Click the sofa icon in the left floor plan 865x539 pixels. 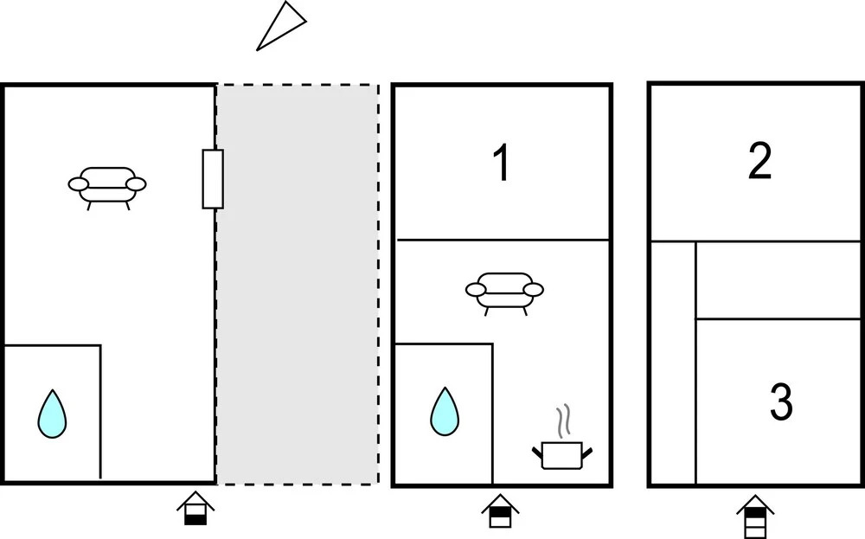(x=107, y=185)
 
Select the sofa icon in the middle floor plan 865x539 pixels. (x=504, y=291)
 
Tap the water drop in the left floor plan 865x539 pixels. (x=53, y=414)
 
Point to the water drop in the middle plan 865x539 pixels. (x=445, y=411)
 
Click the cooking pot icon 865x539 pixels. (x=561, y=454)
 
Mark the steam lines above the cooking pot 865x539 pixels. (x=565, y=421)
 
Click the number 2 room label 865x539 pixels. (x=759, y=162)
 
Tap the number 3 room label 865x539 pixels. (x=780, y=402)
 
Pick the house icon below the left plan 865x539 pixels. (x=195, y=510)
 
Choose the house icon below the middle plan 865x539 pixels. (x=499, y=510)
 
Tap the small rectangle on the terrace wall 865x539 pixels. (x=213, y=178)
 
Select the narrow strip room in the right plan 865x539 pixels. (x=673, y=362)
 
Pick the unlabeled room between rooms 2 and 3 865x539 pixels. (x=778, y=280)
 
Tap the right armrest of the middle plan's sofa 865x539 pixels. (x=534, y=289)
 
